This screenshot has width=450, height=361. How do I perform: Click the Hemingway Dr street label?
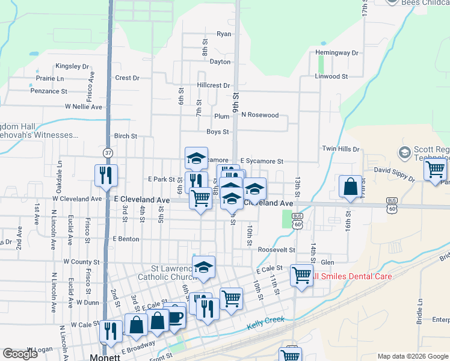point(337,53)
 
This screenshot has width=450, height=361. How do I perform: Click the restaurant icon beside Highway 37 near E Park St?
point(106,174)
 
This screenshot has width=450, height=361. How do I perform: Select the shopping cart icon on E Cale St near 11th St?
point(301,275)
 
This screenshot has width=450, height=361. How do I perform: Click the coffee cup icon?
point(174,317)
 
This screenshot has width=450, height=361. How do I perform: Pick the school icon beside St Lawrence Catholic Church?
point(203,266)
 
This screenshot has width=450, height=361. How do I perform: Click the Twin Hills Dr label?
point(341,149)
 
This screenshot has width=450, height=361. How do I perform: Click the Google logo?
point(20,354)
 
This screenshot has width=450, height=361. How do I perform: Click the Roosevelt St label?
point(276,250)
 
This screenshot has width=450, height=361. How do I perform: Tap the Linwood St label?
point(331,76)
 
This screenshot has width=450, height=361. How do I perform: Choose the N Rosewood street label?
point(260,115)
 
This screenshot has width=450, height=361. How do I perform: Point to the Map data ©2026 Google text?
point(412,356)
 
